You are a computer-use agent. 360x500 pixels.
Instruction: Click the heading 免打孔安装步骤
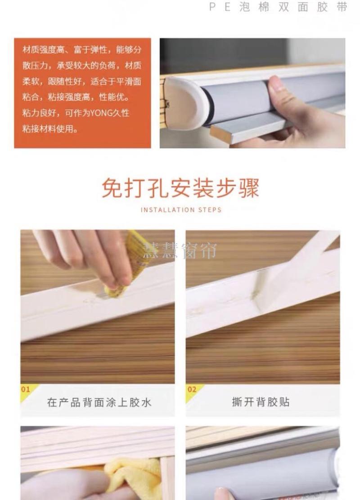[180, 187]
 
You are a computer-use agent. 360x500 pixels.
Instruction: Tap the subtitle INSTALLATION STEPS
[181, 210]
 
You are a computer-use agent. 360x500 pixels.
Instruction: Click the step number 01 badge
[26, 389]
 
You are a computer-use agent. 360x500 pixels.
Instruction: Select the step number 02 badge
[192, 389]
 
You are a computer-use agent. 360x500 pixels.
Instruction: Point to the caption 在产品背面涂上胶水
[99, 402]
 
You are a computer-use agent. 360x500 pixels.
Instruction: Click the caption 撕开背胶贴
[261, 402]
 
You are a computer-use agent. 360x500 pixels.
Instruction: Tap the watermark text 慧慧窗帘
[180, 250]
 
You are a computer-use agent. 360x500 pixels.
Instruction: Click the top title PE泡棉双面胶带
[278, 7]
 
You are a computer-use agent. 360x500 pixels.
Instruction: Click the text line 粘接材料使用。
[50, 129]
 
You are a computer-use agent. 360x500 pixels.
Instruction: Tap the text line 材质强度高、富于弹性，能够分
[82, 50]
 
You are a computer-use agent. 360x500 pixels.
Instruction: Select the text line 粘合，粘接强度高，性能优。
[76, 97]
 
